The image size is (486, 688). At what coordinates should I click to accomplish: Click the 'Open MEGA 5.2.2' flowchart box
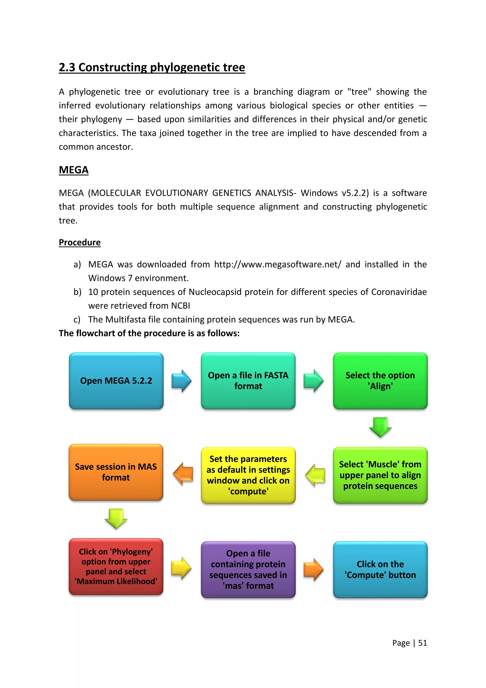(x=116, y=381)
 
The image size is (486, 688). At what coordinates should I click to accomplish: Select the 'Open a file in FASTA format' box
(x=248, y=381)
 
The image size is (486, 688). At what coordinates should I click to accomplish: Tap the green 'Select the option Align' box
(x=380, y=381)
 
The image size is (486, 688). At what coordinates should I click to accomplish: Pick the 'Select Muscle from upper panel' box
(x=380, y=475)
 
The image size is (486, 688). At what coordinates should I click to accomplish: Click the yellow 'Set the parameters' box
(x=248, y=475)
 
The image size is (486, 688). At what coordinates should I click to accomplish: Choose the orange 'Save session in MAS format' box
(x=116, y=472)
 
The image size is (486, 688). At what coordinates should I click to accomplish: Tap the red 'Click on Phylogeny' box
(x=116, y=566)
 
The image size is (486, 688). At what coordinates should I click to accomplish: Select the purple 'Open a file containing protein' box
(x=248, y=569)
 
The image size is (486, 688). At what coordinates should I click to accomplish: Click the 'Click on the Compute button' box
(x=380, y=569)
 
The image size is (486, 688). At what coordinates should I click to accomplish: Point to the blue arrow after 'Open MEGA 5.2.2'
(x=181, y=381)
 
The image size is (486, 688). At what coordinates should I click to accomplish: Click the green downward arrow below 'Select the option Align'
(x=380, y=427)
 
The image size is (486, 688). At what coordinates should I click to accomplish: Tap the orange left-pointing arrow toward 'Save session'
(x=183, y=474)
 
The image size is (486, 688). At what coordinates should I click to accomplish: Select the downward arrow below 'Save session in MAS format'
(x=116, y=518)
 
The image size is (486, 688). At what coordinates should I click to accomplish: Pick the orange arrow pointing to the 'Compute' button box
(x=313, y=569)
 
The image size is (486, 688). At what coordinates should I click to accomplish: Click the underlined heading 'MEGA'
(x=74, y=170)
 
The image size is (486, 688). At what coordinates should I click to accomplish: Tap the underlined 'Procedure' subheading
(x=79, y=242)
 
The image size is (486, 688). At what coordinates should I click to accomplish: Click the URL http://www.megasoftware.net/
(x=278, y=264)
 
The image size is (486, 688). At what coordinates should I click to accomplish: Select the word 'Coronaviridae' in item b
(x=399, y=292)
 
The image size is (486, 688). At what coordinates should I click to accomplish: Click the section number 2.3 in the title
(x=67, y=67)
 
